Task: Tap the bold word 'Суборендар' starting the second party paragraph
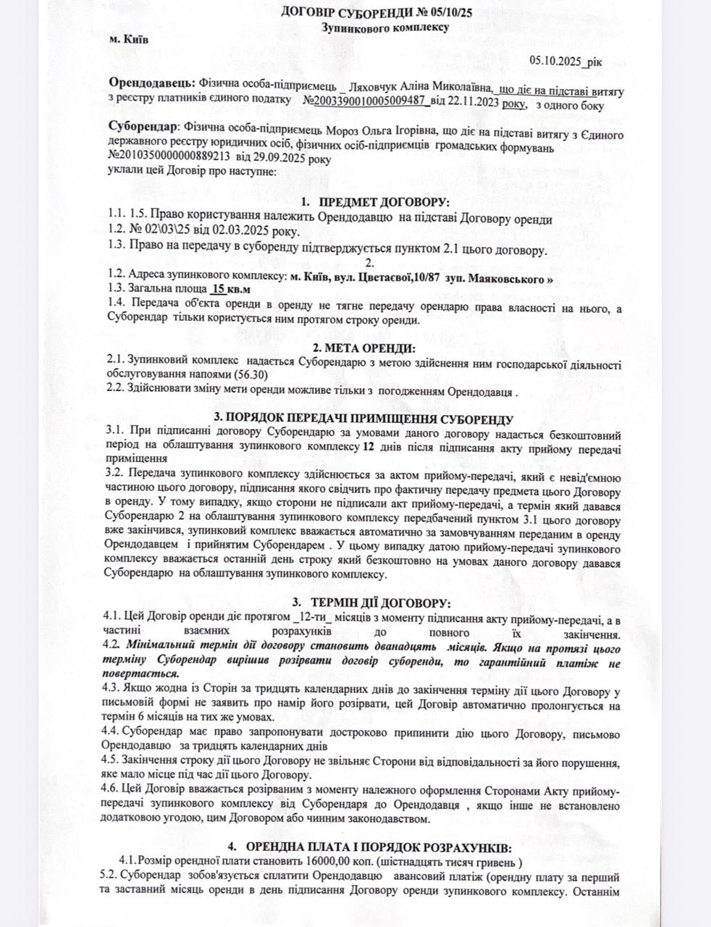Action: (x=141, y=126)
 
